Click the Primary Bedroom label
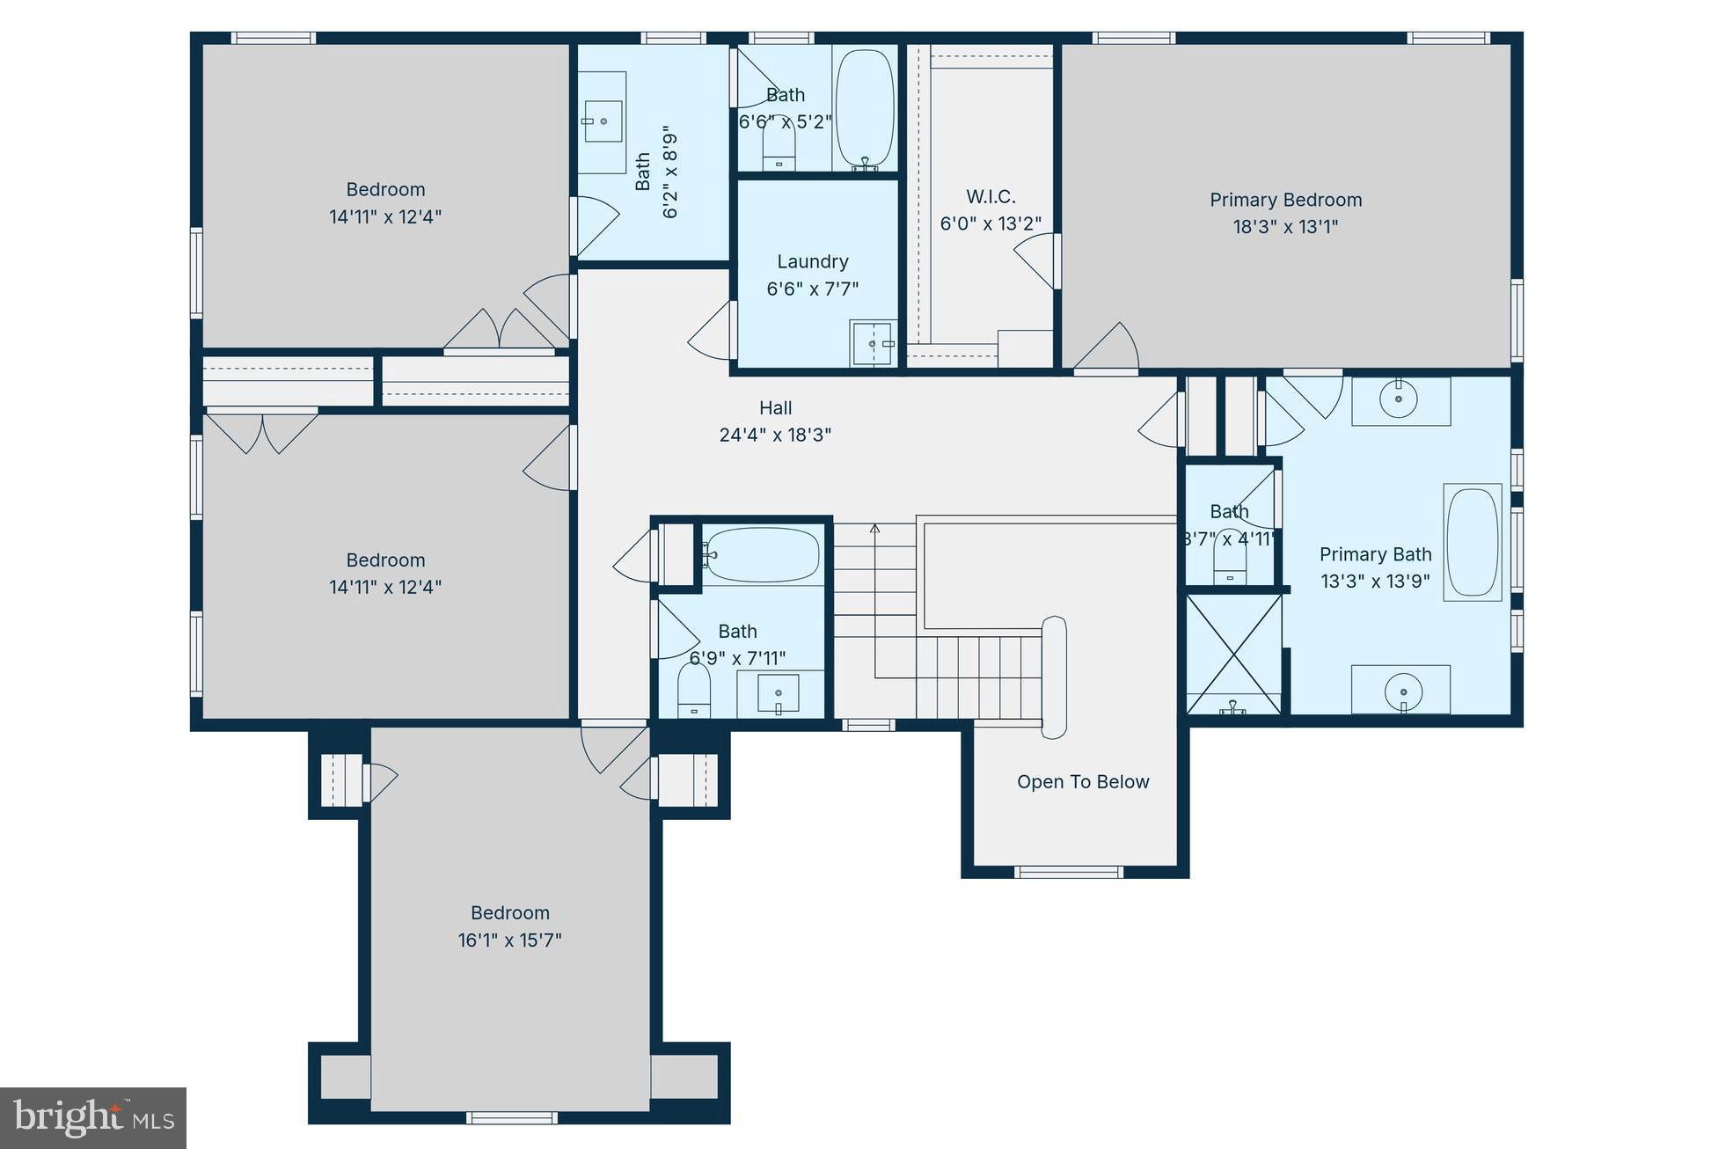tap(1285, 201)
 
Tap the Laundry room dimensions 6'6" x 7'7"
tap(812, 289)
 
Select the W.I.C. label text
tap(991, 197)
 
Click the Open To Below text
tap(1083, 782)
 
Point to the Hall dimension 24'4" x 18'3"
tap(775, 435)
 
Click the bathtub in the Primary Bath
tap(1473, 542)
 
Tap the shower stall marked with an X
tap(1233, 653)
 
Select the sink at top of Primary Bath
tap(1399, 400)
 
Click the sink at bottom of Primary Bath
tap(1403, 691)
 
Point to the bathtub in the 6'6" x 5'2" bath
tap(864, 108)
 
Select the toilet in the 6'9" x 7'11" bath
tap(694, 692)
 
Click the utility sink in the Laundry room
tap(872, 343)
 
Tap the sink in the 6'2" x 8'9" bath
tap(603, 121)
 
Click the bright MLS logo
tap(92, 1117)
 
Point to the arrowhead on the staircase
tap(875, 528)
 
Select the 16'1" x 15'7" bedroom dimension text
tap(509, 940)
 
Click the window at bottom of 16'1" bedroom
tap(511, 1118)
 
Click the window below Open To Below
tap(1068, 872)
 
